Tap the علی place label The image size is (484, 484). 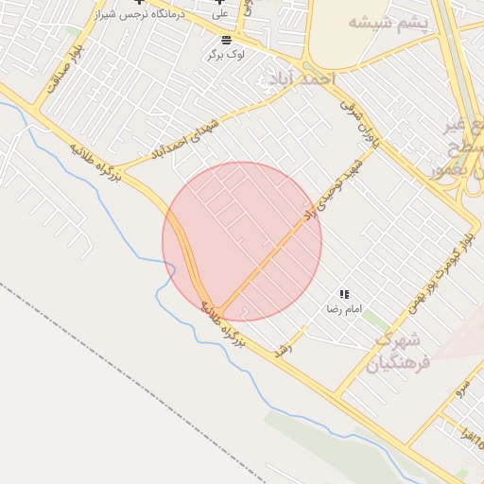[x=220, y=15]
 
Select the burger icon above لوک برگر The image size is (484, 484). [x=226, y=40]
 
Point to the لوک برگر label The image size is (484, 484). [x=227, y=55]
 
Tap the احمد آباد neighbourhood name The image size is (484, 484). [x=298, y=79]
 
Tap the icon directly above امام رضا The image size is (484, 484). [x=344, y=295]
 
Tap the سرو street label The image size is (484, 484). [x=460, y=388]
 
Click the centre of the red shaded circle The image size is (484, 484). [x=242, y=241]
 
